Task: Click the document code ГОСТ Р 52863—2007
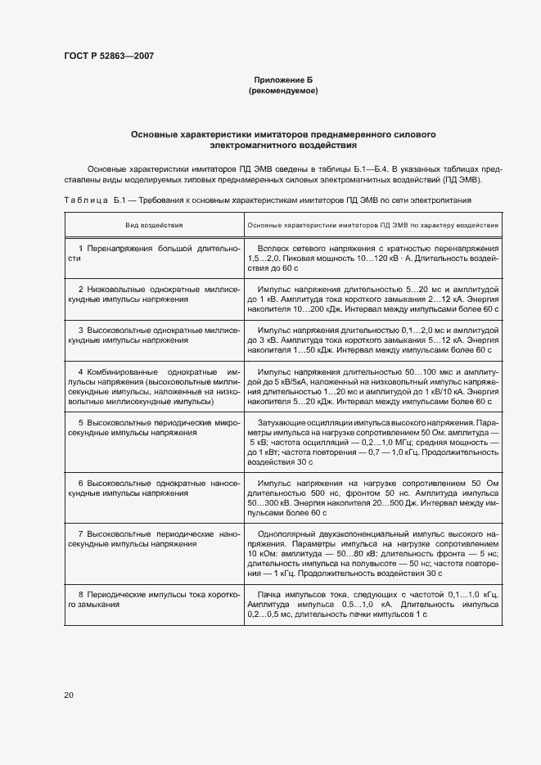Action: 108,56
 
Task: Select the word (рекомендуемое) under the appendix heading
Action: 282,91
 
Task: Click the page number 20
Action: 69,695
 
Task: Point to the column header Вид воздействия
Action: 153,223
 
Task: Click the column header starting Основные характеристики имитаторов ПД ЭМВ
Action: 372,223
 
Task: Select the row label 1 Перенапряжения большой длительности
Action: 153,253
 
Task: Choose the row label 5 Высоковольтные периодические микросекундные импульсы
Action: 153,427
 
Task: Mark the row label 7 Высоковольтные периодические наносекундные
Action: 153,539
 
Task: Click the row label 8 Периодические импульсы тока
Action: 153,598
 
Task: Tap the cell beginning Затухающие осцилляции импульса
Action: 372,442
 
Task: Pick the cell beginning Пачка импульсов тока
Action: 372,603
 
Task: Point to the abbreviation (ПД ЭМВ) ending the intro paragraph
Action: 463,179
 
